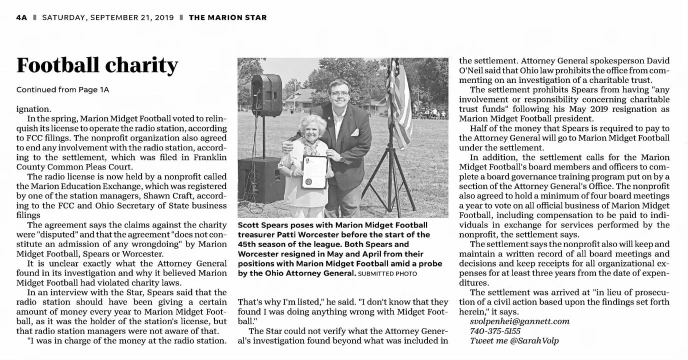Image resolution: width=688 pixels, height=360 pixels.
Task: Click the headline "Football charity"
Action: [97, 65]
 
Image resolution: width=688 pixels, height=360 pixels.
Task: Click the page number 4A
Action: [21, 17]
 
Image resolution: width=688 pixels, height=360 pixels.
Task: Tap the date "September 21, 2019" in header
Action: [108, 17]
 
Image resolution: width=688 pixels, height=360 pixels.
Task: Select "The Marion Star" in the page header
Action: [227, 17]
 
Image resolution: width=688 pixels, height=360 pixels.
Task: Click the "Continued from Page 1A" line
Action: [62, 90]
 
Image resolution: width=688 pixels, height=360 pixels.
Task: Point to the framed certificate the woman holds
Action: [314, 171]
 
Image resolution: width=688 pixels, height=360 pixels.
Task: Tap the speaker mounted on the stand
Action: [266, 95]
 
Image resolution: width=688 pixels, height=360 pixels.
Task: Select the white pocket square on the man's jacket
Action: [355, 132]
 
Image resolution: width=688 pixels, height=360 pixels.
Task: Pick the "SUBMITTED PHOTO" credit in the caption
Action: [387, 273]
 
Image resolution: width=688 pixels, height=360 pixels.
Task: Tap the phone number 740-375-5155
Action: [495, 331]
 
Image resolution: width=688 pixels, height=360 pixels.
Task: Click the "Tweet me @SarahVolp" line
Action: [514, 340]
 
